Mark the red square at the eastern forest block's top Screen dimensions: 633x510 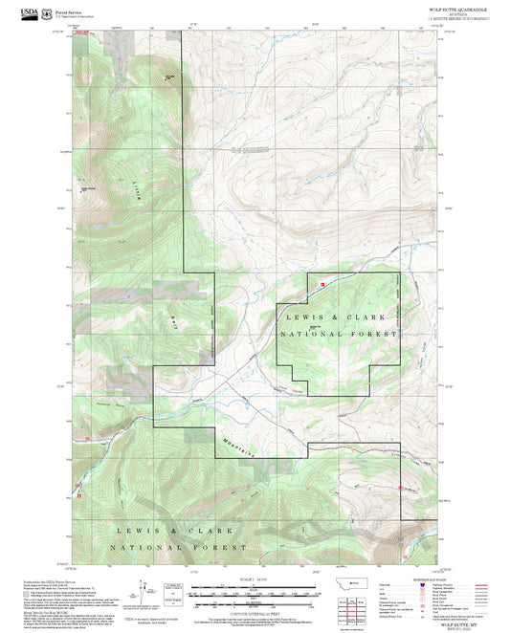322,284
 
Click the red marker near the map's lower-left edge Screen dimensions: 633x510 79,494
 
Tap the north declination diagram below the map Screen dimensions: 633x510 147,594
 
